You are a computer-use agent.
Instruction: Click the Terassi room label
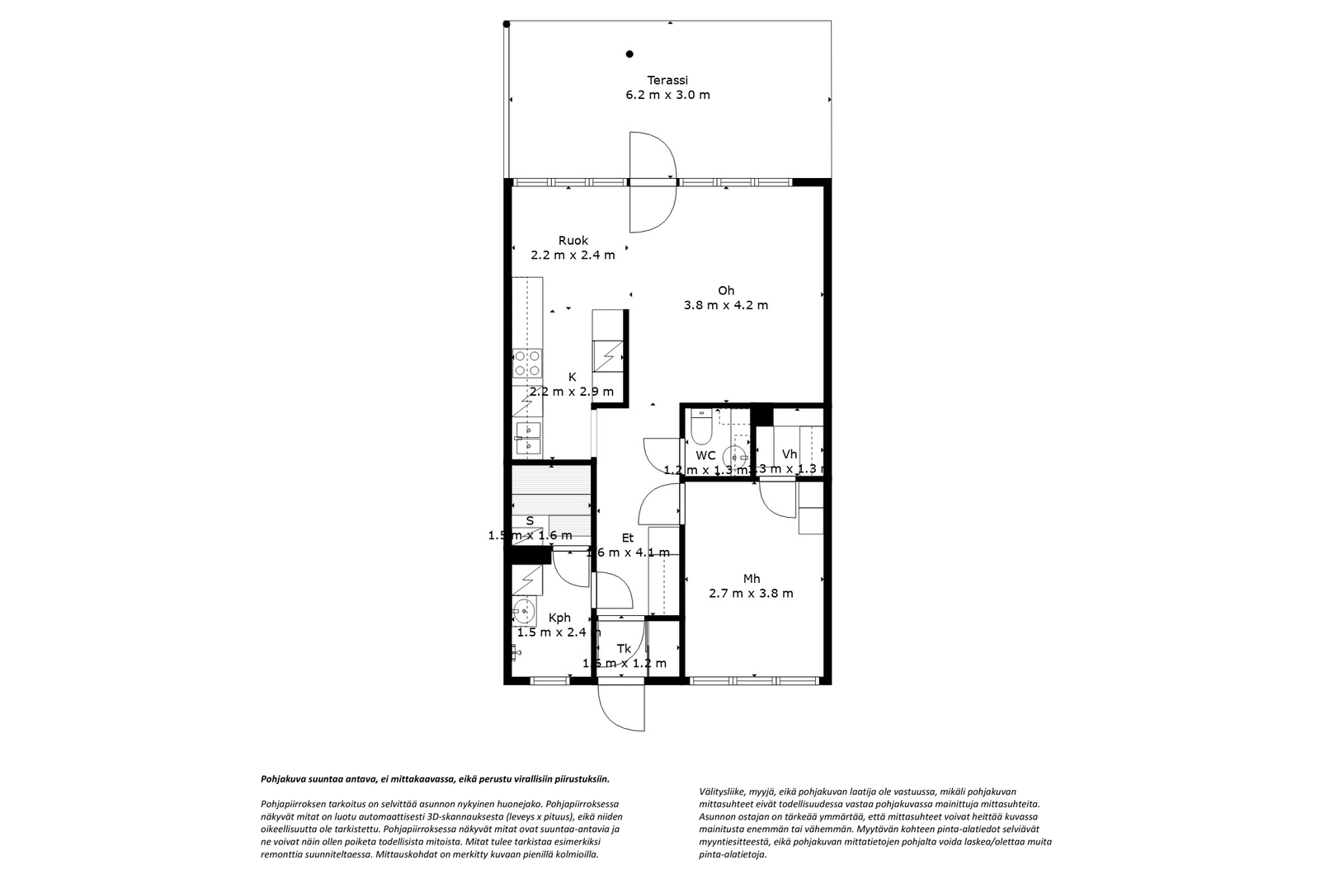[x=667, y=80]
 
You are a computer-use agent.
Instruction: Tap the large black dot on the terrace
[x=629, y=54]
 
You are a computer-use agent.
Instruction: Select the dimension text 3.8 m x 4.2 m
[x=725, y=305]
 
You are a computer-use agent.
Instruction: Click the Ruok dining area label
[x=573, y=241]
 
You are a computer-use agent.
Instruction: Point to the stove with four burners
[x=527, y=364]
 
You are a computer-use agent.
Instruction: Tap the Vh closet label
[x=790, y=454]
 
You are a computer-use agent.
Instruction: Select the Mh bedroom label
[x=751, y=579]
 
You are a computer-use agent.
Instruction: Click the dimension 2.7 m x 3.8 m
[x=751, y=594]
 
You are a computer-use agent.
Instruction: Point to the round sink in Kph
[x=523, y=611]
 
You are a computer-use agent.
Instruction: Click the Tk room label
[x=624, y=649]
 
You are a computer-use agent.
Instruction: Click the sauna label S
[x=530, y=520]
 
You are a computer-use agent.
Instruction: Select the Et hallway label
[x=628, y=538]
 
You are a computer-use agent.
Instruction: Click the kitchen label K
[x=572, y=377]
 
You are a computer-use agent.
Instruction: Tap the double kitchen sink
[x=527, y=439]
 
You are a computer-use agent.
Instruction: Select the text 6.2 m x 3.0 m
[x=667, y=95]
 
